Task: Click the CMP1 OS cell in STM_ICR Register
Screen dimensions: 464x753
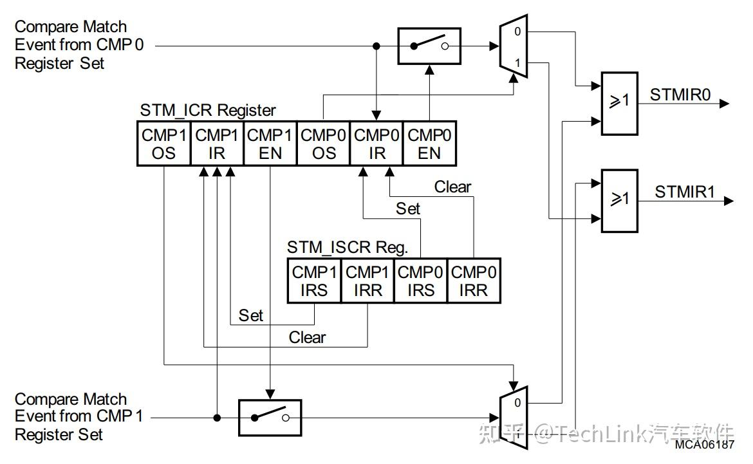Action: (x=164, y=144)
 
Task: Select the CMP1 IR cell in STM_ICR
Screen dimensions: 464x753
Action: (x=218, y=144)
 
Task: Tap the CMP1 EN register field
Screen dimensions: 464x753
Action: (x=270, y=144)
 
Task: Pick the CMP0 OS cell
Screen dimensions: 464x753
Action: (x=324, y=144)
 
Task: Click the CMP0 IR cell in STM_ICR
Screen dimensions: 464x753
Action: (x=376, y=144)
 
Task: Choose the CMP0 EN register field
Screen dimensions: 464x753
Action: (x=429, y=144)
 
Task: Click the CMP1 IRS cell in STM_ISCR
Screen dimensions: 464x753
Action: (x=314, y=281)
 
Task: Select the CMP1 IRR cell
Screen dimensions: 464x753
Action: (x=367, y=281)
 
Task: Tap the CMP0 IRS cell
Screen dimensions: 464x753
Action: (x=421, y=281)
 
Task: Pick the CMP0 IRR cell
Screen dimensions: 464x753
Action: (x=474, y=281)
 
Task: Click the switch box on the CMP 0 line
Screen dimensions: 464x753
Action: (x=429, y=46)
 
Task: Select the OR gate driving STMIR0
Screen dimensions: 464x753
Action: (x=619, y=103)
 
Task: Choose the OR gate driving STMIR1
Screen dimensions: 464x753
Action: (x=619, y=200)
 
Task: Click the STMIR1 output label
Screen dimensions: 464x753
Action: (x=685, y=192)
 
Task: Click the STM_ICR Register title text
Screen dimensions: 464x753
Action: (x=208, y=110)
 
